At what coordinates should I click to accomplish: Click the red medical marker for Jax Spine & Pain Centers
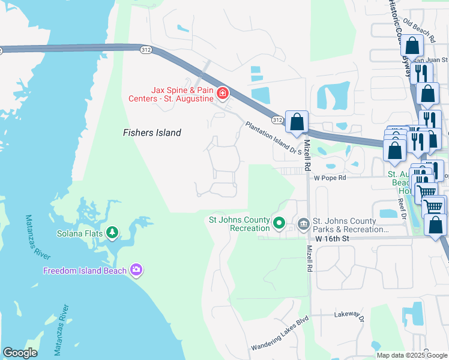coord(223,93)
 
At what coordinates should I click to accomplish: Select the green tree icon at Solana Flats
coord(112,232)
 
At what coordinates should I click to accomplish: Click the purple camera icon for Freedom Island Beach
coord(136,270)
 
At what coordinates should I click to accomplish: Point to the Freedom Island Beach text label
coord(85,271)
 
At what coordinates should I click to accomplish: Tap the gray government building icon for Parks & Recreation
coord(303,225)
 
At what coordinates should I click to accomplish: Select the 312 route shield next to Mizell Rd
coord(277,119)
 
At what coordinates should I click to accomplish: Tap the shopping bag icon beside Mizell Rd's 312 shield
coord(297,122)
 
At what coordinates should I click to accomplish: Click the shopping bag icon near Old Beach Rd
coord(412,46)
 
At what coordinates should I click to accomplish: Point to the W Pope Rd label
coord(330,178)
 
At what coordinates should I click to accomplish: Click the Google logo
coord(20,352)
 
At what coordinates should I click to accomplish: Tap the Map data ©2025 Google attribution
coord(412,355)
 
